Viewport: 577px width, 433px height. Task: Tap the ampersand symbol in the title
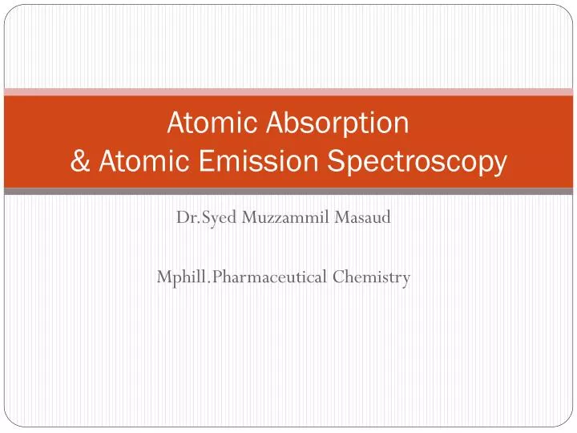tap(80, 162)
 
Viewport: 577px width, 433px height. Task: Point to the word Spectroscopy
tap(417, 163)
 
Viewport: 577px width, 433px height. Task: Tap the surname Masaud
tap(365, 217)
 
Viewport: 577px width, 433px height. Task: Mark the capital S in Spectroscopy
tap(334, 162)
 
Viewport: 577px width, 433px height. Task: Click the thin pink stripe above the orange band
tap(288, 91)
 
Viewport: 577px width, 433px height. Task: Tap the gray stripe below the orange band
tap(288, 192)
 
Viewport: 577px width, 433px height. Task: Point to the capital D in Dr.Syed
tap(181, 217)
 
